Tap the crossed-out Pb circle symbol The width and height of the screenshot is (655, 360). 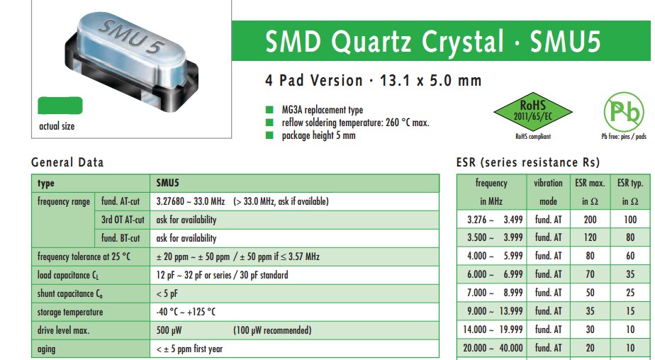point(623,112)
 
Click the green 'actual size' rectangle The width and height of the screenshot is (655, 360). point(60,106)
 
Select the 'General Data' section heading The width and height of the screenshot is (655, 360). point(67,162)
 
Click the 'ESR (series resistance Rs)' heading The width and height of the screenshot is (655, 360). point(529,162)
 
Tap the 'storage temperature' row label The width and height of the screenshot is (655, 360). point(69,312)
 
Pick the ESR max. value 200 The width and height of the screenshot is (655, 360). point(590,220)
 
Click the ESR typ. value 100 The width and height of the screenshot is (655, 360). point(630,220)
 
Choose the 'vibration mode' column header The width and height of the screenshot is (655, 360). point(548,191)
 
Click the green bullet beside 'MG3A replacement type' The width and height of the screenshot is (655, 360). point(269,110)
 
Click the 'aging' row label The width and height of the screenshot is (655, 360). point(47,349)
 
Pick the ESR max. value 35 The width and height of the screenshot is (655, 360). point(590,311)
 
